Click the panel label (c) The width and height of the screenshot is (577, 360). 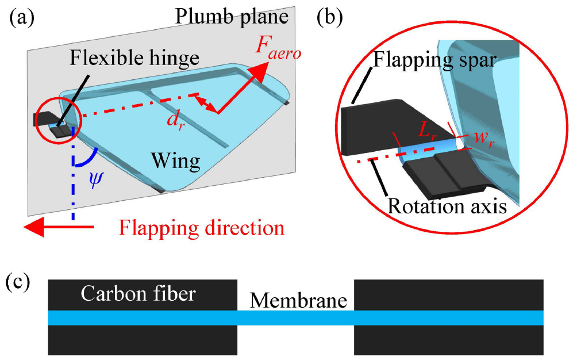21,282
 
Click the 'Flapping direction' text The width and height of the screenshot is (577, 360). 202,228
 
